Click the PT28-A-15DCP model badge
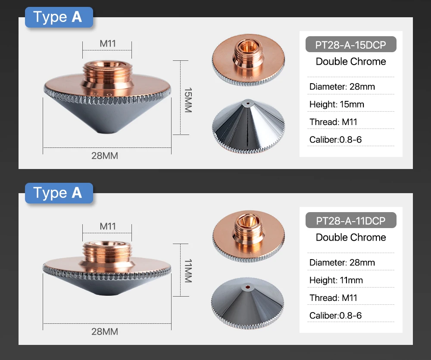tap(350, 44)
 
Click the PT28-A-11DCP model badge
tap(350, 220)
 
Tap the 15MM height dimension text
tap(187, 100)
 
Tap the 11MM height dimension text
tap(187, 271)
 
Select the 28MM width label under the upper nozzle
tap(104, 156)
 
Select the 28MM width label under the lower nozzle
tap(104, 332)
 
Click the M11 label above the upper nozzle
tap(107, 44)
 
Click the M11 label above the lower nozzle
tap(107, 226)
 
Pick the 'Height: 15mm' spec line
tap(337, 104)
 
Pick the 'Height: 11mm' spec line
tap(336, 280)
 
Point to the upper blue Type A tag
tap(59, 17)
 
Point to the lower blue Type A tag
tap(59, 193)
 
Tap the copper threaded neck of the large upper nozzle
tap(108, 71)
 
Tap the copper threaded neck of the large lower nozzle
tap(108, 250)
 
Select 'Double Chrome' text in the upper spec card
tap(350, 62)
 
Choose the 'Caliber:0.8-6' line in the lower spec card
tap(335, 316)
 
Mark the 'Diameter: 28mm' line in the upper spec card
tap(342, 87)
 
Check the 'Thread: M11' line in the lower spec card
tap(333, 298)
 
